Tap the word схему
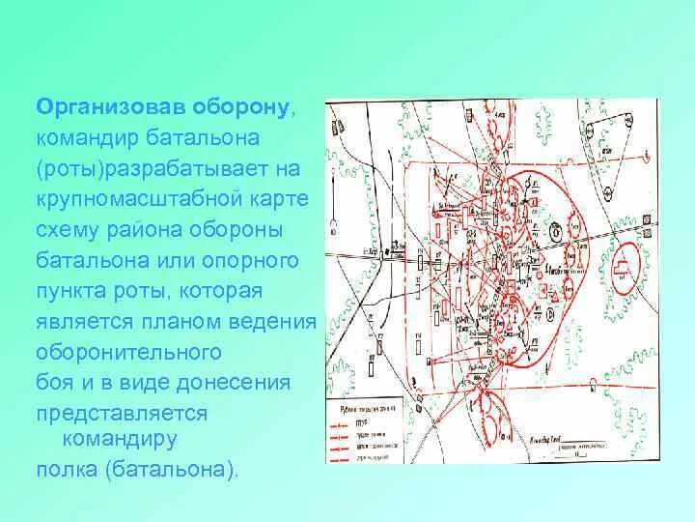tap(68, 230)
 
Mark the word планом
tap(175, 322)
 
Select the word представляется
tap(123, 413)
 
